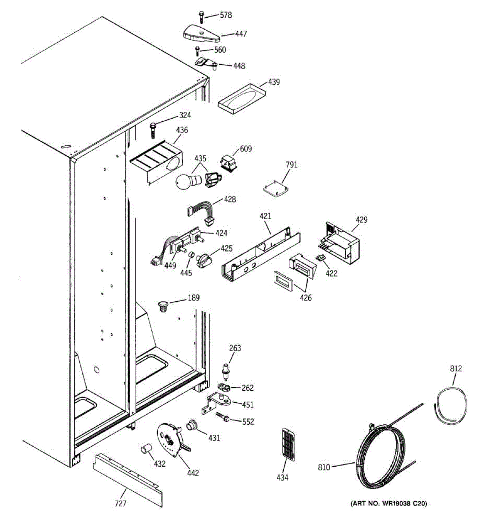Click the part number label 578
pos(225,16)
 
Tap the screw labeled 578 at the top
pos(201,17)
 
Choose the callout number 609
pos(246,149)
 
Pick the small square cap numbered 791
pos(275,189)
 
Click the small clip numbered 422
pos(320,257)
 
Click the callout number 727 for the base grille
pos(121,503)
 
